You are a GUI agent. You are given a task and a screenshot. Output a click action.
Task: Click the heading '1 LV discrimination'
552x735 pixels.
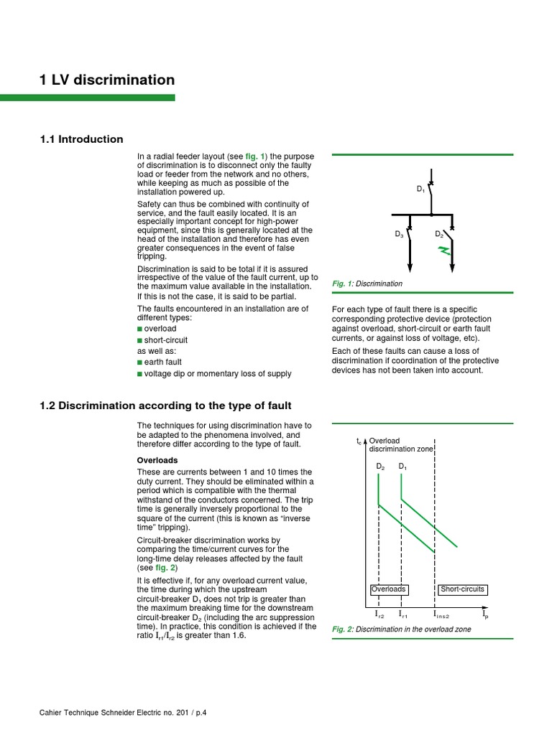coord(107,80)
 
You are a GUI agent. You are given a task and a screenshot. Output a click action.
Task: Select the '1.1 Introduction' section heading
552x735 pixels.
coord(81,139)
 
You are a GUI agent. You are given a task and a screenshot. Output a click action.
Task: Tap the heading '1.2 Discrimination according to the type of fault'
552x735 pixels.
coord(165,406)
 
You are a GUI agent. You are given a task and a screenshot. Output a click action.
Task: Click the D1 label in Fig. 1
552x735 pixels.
coord(421,189)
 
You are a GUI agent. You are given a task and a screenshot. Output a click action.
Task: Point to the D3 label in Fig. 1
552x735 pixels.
coord(399,234)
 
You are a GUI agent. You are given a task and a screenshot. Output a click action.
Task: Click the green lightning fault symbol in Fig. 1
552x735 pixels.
coord(445,251)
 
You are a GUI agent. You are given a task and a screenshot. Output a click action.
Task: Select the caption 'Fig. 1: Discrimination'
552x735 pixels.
coord(367,284)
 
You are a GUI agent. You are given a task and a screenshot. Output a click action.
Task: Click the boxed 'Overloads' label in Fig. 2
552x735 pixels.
coord(389,589)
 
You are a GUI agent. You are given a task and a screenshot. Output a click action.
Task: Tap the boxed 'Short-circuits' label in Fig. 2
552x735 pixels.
coord(462,589)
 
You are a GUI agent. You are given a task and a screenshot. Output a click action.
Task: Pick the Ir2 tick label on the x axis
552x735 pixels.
coord(379,615)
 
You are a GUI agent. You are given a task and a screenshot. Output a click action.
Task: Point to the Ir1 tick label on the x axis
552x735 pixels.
coord(402,615)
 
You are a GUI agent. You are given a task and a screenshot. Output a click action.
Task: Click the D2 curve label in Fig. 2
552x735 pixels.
coord(380,467)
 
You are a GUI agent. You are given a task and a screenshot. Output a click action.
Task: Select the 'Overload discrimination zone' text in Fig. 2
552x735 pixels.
coord(400,444)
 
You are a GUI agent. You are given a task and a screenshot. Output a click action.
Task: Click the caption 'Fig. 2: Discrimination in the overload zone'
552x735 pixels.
coord(402,629)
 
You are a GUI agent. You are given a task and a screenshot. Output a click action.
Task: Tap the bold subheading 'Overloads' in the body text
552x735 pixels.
coord(157,460)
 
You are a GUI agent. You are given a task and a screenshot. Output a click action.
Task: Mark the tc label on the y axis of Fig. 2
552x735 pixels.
coord(359,442)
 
